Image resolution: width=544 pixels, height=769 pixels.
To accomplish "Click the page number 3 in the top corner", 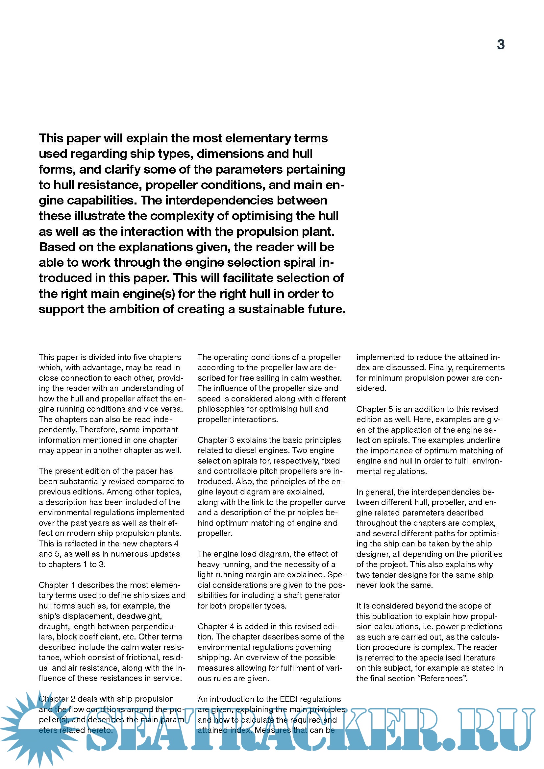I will pos(501,44).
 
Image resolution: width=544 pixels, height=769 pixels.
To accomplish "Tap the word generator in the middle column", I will pos(323,595).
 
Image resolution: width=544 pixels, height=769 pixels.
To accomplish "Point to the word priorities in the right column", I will pos(485,554).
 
